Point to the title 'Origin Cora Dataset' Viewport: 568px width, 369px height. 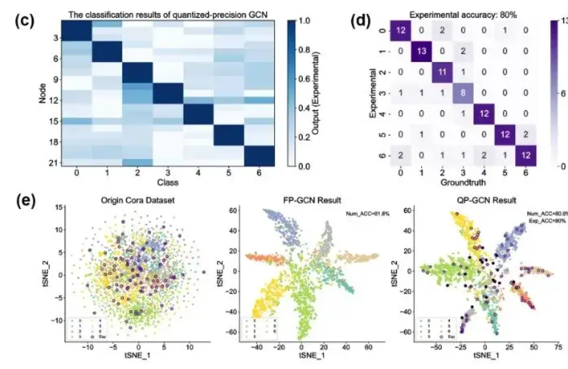[138, 200]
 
